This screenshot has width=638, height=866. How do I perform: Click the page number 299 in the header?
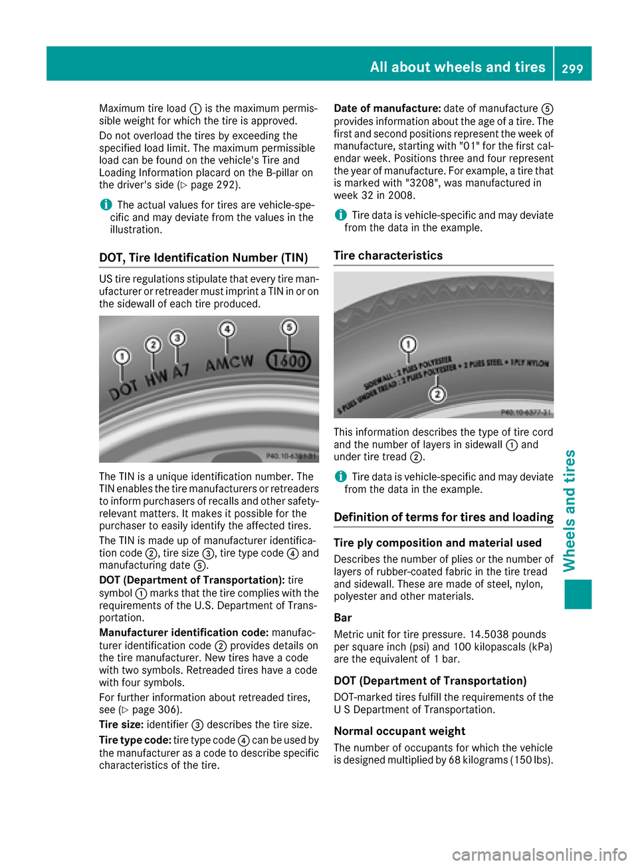click(x=572, y=68)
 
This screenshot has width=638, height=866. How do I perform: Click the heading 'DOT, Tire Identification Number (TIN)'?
click(x=203, y=258)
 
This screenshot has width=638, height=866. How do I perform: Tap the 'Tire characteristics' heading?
click(x=388, y=256)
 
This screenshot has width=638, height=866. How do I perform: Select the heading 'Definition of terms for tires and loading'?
click(x=443, y=517)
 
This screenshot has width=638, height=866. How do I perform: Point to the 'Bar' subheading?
click(x=343, y=618)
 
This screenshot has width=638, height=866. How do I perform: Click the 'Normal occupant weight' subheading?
click(x=399, y=731)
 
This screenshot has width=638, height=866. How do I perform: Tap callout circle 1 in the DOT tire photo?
click(x=122, y=357)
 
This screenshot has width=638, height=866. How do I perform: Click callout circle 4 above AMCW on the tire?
click(x=227, y=329)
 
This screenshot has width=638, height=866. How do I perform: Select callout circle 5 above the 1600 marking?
click(x=288, y=327)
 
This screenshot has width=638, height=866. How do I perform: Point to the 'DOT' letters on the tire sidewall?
click(x=124, y=388)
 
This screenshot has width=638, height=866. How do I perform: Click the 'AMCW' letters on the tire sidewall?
click(x=229, y=363)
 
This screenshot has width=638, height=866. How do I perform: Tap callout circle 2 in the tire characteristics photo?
click(x=437, y=394)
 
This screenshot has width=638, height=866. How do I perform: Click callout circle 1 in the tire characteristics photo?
click(x=408, y=345)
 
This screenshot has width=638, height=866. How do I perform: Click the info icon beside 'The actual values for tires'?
click(x=105, y=205)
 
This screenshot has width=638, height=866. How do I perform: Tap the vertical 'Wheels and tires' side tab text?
click(x=570, y=510)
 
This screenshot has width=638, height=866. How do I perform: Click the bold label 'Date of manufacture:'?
click(x=387, y=108)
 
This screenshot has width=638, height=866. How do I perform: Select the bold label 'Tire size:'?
click(x=121, y=725)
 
